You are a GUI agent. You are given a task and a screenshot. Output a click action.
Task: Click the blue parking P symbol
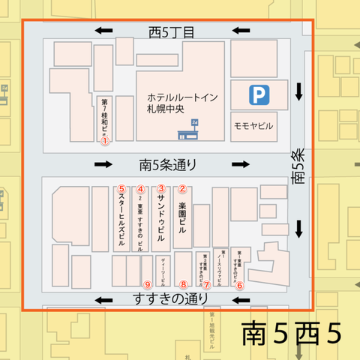tap(259, 94)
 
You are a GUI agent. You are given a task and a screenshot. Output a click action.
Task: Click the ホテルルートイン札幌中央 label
tap(173, 103)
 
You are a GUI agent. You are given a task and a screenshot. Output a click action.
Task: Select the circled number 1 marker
tap(105, 139)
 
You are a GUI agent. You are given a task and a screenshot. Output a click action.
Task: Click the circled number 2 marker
tap(181, 188)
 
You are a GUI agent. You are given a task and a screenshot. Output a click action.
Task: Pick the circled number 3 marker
tap(160, 188)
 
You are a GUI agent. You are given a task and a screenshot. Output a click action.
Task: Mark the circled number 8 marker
tap(183, 285)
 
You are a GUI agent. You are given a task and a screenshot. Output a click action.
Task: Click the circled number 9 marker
tap(147, 285)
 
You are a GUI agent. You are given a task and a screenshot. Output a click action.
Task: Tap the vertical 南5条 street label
tap(298, 166)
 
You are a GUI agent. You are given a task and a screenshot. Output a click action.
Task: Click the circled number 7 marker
tap(205, 285)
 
